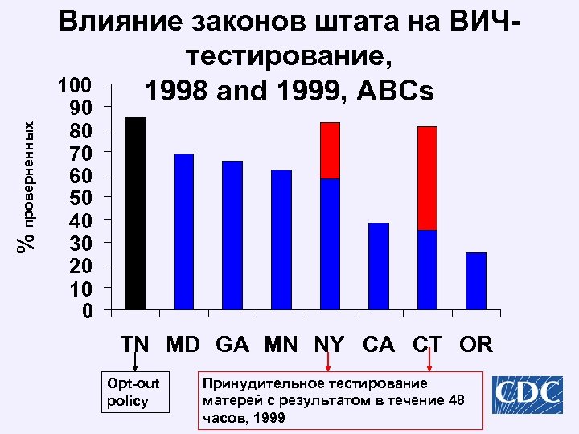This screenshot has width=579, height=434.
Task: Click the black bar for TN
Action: pos(135,213)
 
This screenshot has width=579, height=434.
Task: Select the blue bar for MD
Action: pos(183,231)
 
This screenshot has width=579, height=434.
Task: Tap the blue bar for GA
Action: pos(232,235)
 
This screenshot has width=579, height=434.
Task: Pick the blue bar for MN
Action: pos(281,240)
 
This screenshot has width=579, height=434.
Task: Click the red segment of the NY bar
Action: pos(330,151)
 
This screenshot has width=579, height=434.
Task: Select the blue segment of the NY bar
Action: pos(330,244)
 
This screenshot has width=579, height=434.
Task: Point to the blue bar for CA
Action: pos(379,266)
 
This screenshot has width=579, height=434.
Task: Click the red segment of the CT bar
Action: pos(427,178)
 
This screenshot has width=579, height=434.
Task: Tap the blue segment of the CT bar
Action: pos(427,270)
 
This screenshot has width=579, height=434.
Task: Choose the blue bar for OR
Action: pos(476,281)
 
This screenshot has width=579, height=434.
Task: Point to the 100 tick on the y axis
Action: pos(79,85)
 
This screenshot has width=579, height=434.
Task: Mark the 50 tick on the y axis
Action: pos(84,198)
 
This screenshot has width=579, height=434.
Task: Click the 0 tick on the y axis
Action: pos(88,310)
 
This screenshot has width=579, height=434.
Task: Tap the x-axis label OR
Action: pos(476,345)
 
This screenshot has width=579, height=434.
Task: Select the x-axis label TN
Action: pos(135,345)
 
